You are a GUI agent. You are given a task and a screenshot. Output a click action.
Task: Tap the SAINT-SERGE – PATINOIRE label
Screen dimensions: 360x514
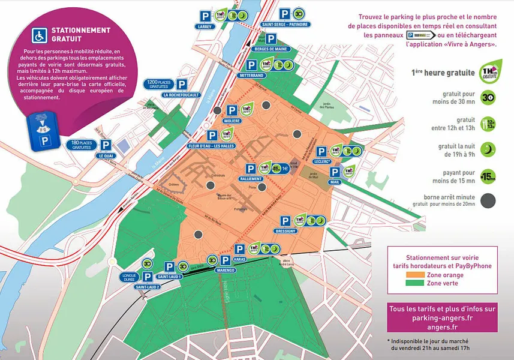(x=281, y=25)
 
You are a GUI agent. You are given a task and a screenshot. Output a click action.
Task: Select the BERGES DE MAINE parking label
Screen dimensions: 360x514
(x=270, y=49)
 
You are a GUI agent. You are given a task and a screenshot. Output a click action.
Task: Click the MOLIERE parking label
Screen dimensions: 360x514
(x=232, y=121)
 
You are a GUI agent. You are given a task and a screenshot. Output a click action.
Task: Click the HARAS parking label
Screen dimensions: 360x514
(x=239, y=260)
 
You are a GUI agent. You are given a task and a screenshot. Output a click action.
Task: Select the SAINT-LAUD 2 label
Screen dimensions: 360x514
(x=147, y=287)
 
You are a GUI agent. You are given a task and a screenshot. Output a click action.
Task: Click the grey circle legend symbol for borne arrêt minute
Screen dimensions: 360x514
(x=488, y=200)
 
